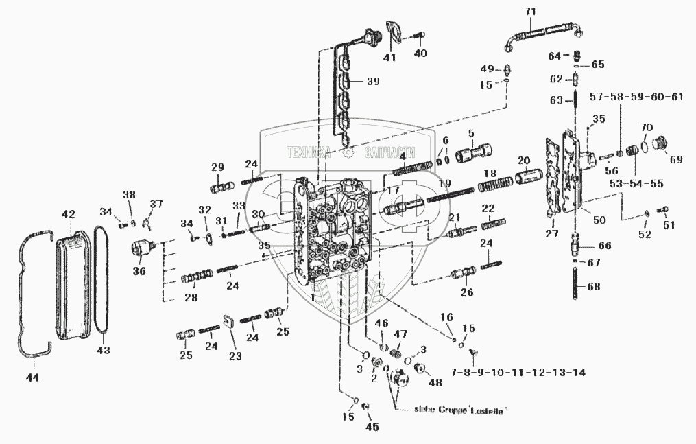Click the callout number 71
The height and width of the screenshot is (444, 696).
[528, 11]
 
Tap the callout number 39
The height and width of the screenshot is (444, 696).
[372, 81]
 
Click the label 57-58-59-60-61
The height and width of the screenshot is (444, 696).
[636, 96]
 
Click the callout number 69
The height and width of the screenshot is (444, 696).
[676, 159]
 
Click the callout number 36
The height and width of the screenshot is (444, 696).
[139, 271]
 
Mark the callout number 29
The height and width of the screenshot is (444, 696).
[217, 168]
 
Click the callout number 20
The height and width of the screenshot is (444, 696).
[524, 160]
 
